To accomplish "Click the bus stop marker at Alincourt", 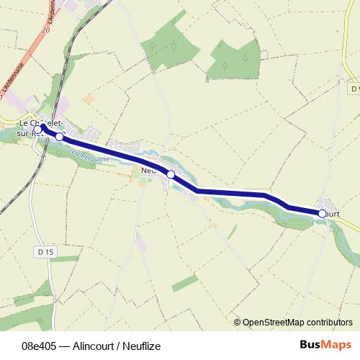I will (323, 213).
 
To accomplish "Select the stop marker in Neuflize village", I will (171, 174).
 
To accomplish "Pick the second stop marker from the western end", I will (60, 136).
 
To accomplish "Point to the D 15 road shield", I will (45, 252).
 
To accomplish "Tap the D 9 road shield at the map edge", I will (355, 89).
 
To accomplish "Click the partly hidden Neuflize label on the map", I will (149, 171).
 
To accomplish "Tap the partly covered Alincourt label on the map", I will (333, 214).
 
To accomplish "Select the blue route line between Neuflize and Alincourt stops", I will (238, 192).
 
